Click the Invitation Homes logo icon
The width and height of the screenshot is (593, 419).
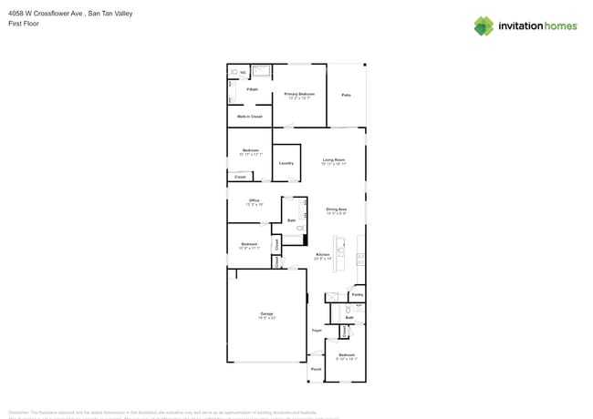pos(484,26)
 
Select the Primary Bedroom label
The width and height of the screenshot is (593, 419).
pos(299,94)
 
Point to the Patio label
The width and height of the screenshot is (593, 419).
pos(347,95)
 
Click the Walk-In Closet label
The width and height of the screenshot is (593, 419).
pos(250,117)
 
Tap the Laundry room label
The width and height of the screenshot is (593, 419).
pos(286,163)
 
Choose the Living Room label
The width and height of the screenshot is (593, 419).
pos(334,159)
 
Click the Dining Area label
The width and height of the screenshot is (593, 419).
pos(337,209)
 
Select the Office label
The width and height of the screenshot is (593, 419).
pos(255,200)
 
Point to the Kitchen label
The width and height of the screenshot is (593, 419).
pos(322,254)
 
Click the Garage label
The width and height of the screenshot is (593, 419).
pos(266,313)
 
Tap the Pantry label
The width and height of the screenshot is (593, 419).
pos(358,295)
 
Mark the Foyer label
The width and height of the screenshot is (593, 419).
pos(317,330)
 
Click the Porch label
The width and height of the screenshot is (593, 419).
pos(316,369)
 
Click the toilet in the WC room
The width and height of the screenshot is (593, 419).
pos(234,71)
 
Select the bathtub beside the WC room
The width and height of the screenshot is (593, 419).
pos(261,70)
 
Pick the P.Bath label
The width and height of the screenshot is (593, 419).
pos(253,89)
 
